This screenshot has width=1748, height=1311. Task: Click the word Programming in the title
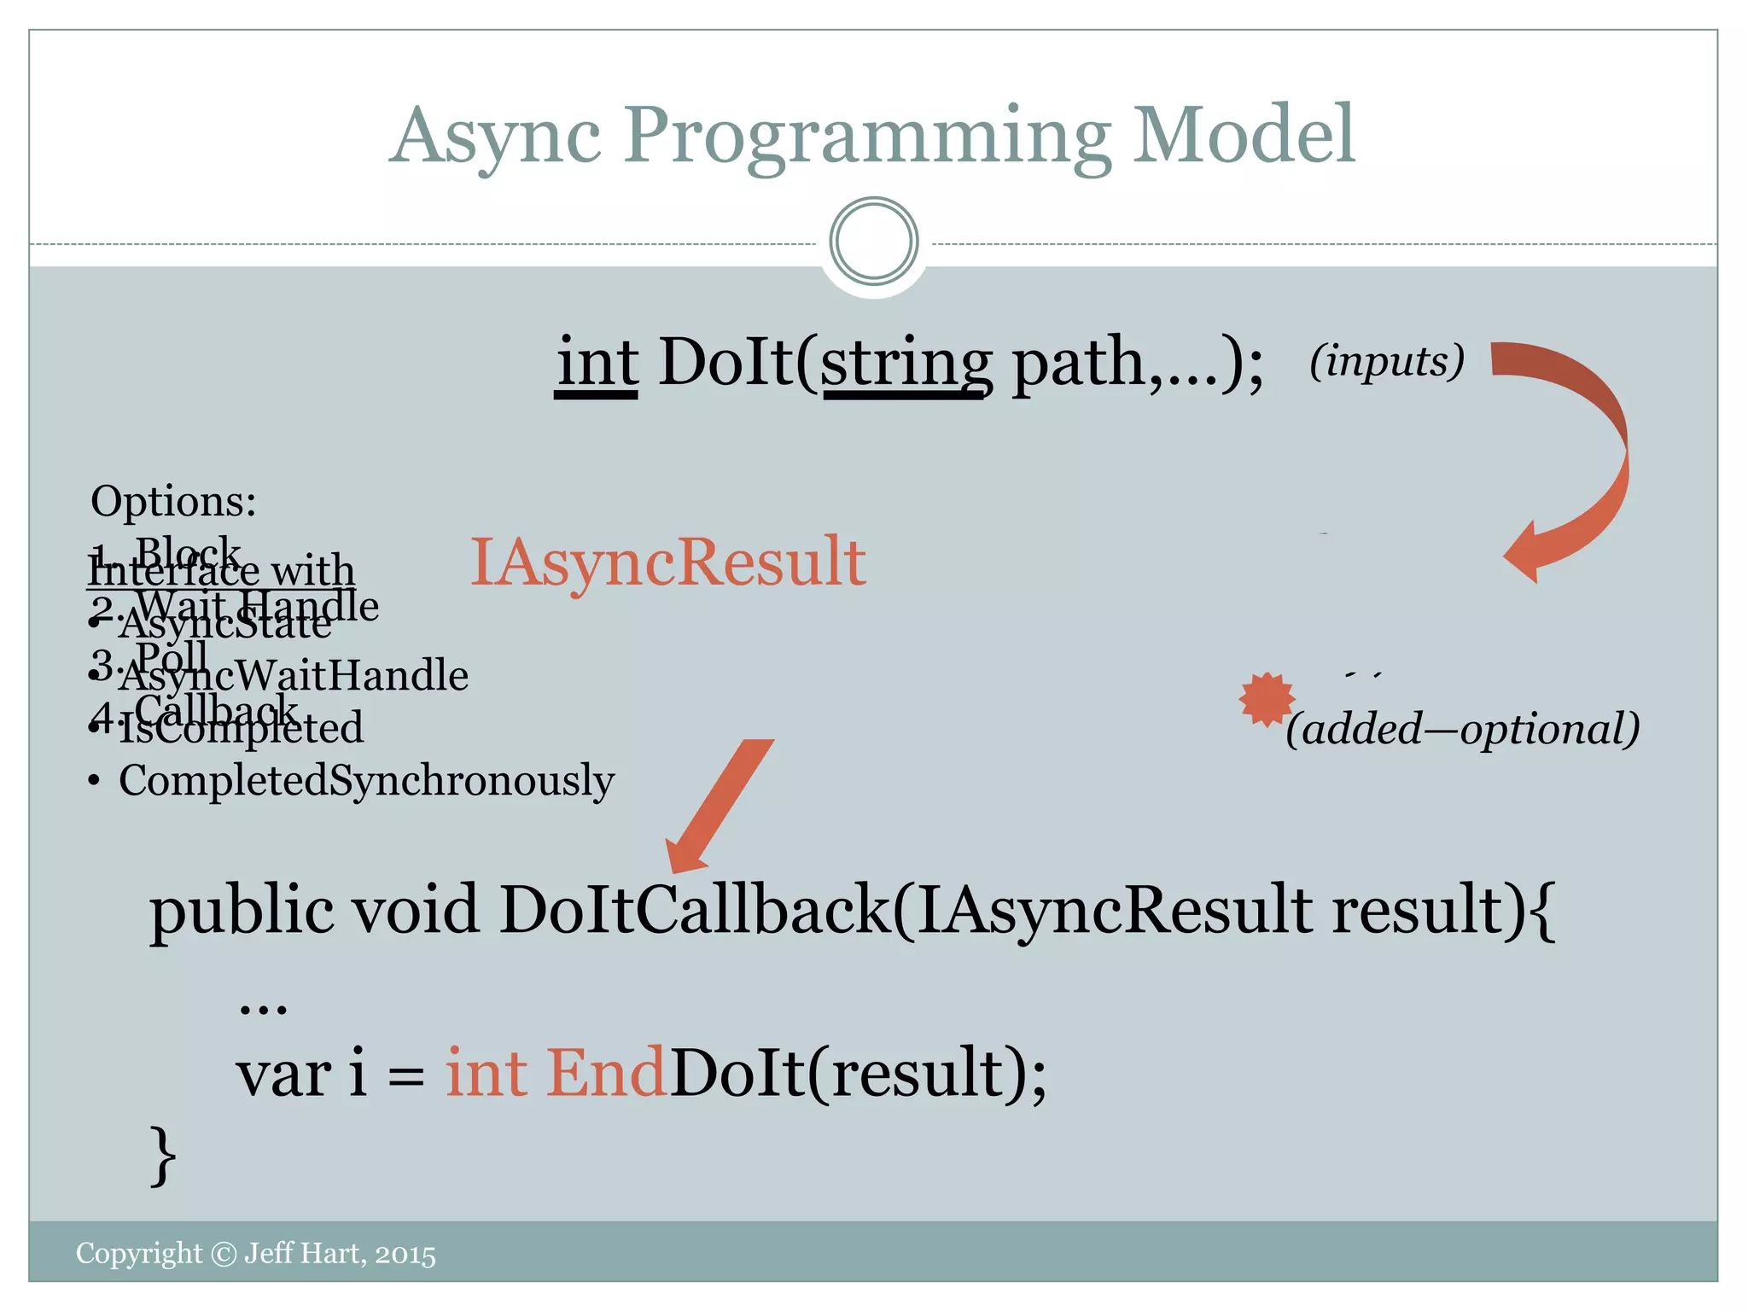[866, 137]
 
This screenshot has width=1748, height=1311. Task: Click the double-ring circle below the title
[873, 242]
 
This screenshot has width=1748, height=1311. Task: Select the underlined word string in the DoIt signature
[906, 364]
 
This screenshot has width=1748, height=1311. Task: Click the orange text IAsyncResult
[667, 562]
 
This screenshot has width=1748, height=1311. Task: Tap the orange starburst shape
[1267, 699]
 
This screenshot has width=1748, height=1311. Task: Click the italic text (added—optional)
[1462, 729]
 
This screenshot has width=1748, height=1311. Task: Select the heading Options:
[173, 501]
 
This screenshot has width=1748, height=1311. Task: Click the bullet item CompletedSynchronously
[365, 781]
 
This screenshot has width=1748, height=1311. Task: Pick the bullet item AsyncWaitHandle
[293, 677]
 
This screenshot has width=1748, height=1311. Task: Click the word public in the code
[242, 912]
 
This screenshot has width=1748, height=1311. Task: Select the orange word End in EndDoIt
[605, 1074]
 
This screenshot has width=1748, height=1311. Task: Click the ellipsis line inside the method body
[263, 1007]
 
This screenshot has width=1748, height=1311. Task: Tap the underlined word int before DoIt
[597, 364]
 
